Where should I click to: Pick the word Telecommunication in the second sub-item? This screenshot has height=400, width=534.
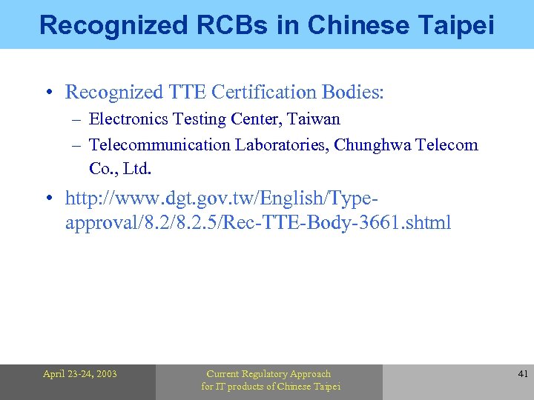pos(159,144)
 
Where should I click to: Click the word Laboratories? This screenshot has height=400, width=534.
pos(281,144)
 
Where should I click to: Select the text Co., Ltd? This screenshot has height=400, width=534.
pos(120,168)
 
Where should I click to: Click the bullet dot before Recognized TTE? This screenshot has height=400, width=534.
pos(47,93)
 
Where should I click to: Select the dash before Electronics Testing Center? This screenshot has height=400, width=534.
pos(76,119)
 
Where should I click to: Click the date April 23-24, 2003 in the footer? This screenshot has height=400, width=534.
pos(80,374)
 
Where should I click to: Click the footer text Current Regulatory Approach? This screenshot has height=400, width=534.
pos(268,374)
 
